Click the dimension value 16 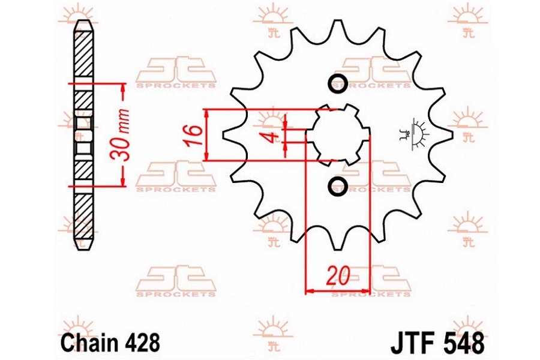194,134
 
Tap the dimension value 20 338,275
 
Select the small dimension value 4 274,137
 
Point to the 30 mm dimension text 120,134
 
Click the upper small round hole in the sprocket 337,83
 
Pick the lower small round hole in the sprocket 337,187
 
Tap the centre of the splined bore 338,134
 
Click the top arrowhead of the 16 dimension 206,113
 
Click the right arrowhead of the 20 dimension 365,292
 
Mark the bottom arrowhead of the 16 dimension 206,156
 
